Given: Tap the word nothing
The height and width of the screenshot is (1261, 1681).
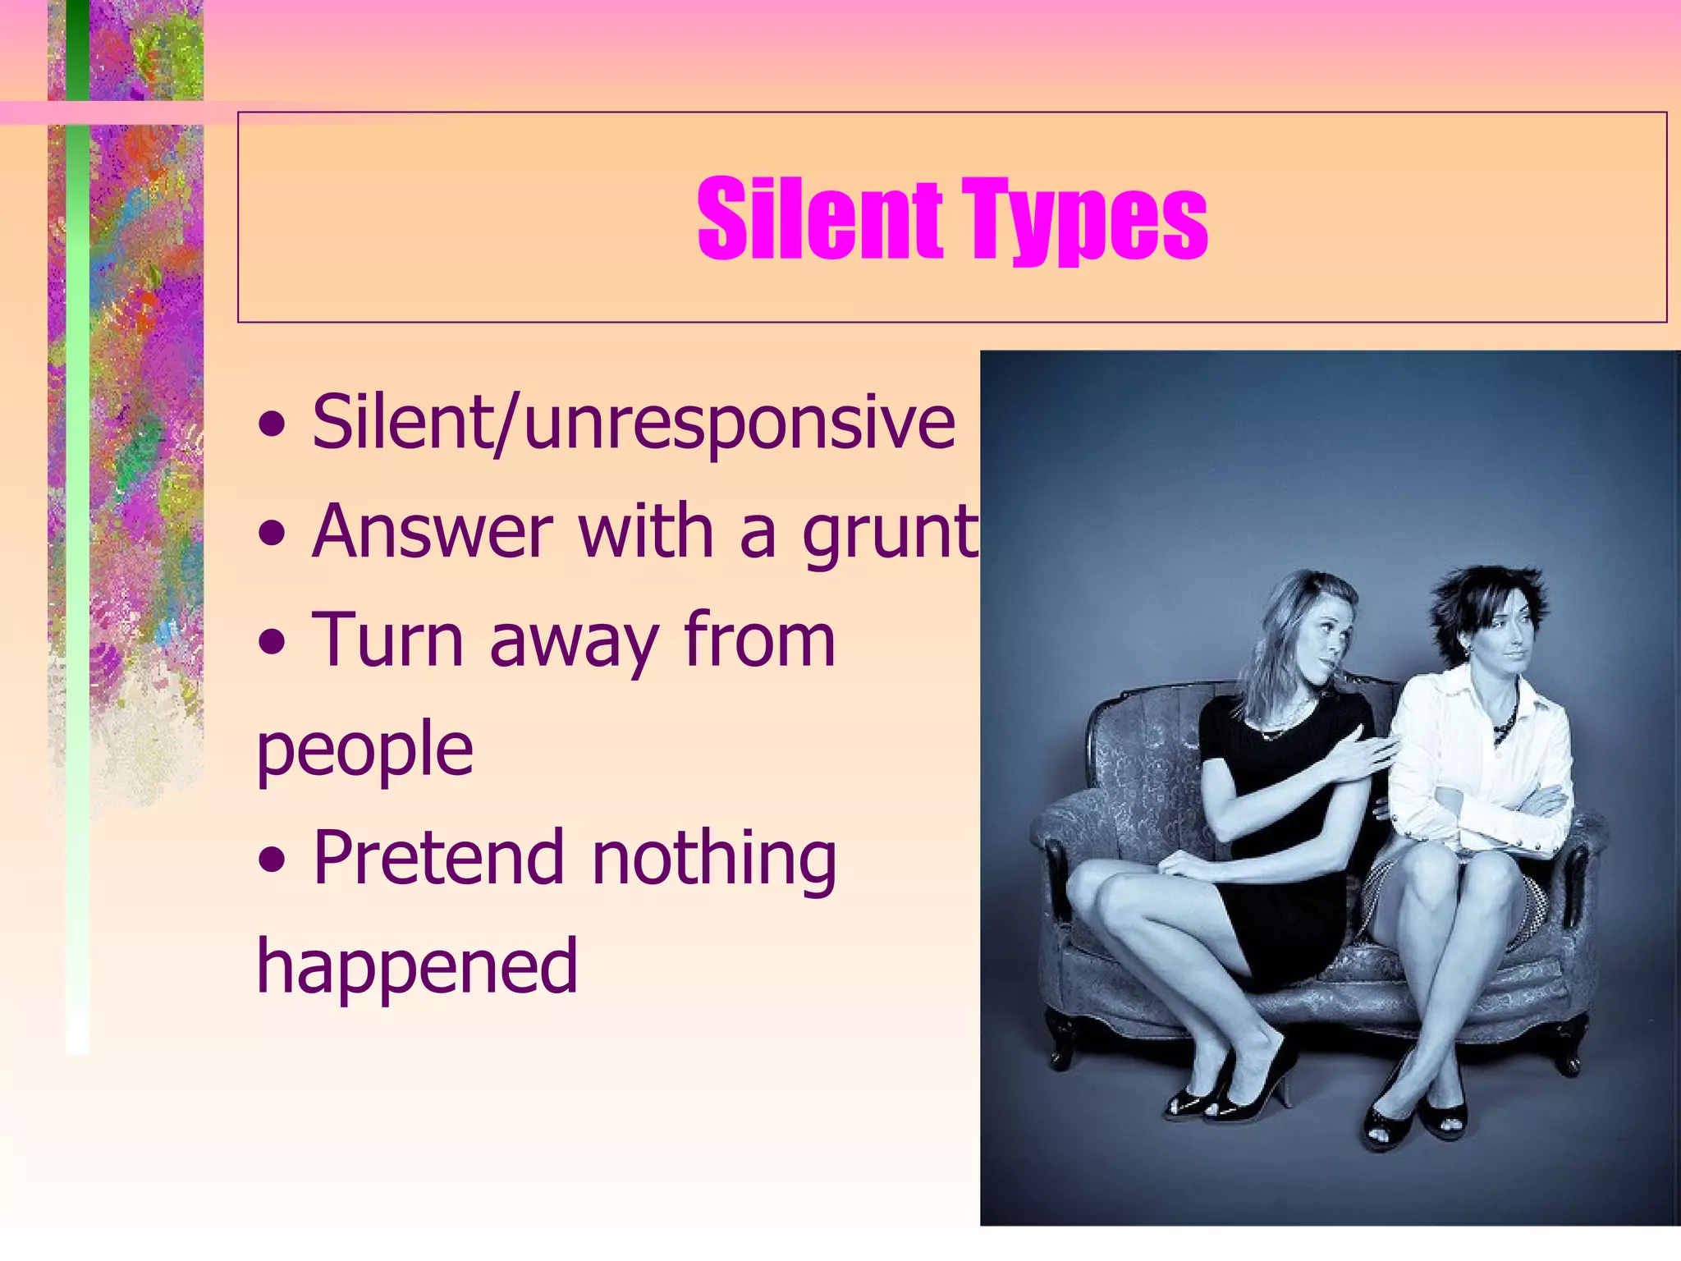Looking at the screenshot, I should pyautogui.click(x=713, y=859).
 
